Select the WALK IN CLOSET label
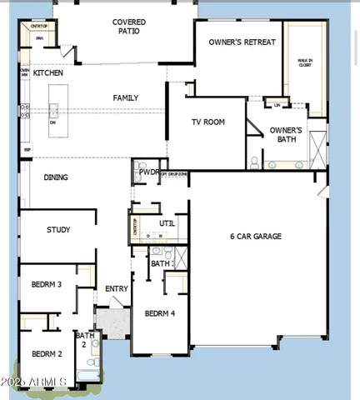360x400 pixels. [305, 62]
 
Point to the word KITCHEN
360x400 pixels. [48, 73]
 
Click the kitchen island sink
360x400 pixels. [53, 111]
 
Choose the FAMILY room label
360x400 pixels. [126, 97]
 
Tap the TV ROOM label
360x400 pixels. [208, 122]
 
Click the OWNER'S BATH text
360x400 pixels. [287, 134]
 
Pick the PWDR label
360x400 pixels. [148, 172]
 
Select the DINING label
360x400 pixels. [56, 177]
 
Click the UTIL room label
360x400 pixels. [167, 223]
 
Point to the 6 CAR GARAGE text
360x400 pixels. [256, 237]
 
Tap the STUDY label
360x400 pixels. [58, 230]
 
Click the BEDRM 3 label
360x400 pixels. [47, 285]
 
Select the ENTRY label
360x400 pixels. [116, 289]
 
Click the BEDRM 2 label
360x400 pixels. [47, 354]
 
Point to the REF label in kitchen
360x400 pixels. [27, 150]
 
